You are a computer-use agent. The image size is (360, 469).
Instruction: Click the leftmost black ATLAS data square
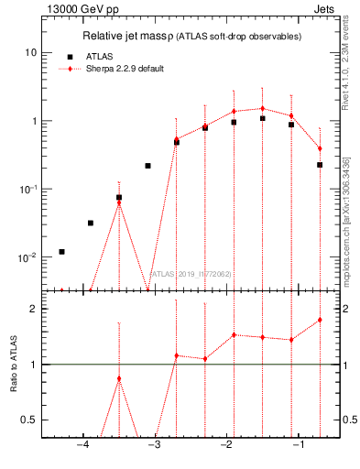point(61,251)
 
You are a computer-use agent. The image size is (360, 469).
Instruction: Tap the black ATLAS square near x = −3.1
point(147,166)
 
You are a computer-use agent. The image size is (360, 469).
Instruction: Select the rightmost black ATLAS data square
point(320,165)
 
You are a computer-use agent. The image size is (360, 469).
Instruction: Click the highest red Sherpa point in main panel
point(262,108)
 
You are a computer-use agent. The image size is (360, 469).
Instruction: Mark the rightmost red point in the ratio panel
point(320,320)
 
